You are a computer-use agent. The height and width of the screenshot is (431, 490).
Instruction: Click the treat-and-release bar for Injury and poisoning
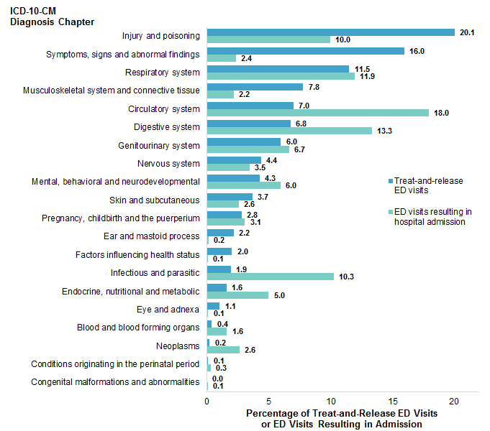pyautogui.click(x=330, y=32)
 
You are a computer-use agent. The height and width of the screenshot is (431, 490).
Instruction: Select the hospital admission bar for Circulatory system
pyautogui.click(x=317, y=113)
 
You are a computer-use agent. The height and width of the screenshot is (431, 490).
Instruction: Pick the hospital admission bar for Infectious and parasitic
pyautogui.click(x=270, y=277)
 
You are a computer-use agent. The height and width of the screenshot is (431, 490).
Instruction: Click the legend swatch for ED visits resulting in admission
pyautogui.click(x=389, y=212)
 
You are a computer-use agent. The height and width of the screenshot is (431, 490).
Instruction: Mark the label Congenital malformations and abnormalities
pyautogui.click(x=115, y=382)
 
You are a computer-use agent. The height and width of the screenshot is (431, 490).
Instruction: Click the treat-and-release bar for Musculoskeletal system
pyautogui.click(x=255, y=87)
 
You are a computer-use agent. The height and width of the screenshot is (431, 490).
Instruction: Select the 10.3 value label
pyautogui.click(x=348, y=277)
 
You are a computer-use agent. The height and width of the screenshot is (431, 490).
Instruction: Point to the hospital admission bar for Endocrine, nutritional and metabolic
pyautogui.click(x=237, y=295)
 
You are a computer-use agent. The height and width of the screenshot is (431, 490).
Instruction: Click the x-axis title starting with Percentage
pyautogui.click(x=342, y=419)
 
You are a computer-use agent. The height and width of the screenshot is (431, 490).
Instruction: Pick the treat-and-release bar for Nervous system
pyautogui.click(x=234, y=160)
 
